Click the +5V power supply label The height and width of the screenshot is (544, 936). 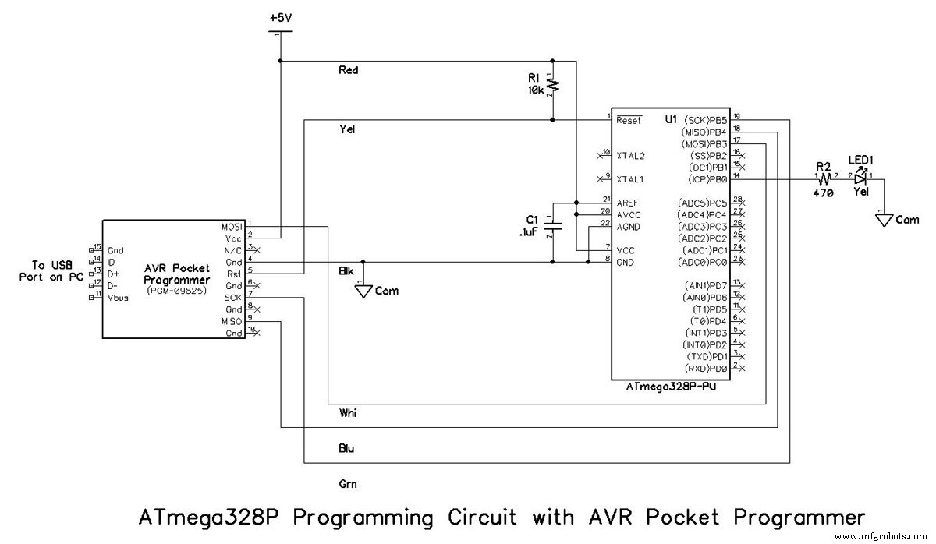point(282,17)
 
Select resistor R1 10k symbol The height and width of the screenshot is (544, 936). point(552,84)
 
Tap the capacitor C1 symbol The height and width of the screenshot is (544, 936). point(552,225)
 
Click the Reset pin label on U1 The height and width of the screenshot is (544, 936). point(629,121)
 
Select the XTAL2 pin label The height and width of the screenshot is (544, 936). point(631,156)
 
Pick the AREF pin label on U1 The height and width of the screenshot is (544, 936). point(629,203)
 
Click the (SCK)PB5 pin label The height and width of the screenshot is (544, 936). point(704,120)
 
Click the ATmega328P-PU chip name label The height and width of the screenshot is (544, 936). point(670,387)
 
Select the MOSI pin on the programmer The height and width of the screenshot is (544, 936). point(232,226)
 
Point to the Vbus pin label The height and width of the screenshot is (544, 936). point(118,297)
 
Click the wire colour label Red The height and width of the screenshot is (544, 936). point(348,70)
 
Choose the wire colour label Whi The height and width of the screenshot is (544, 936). point(348,412)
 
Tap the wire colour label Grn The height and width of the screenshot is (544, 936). point(348,484)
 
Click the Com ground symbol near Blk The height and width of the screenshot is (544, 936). point(363,291)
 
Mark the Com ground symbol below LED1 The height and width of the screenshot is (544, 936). point(884,220)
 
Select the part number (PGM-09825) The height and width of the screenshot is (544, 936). point(177,291)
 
